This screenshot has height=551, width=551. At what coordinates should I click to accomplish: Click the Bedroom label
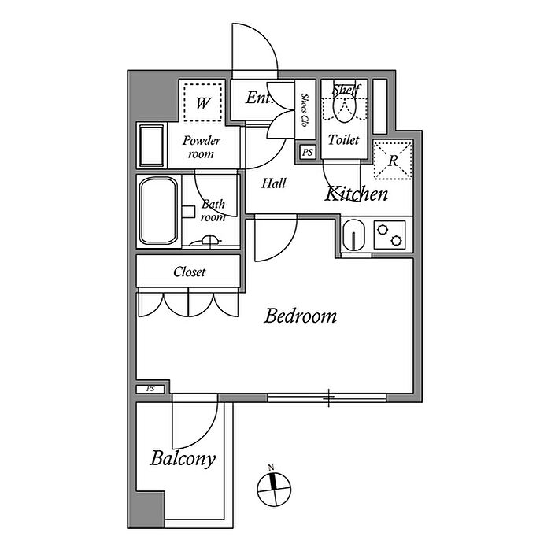coord(301,316)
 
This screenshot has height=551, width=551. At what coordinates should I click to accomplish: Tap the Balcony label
coord(183,459)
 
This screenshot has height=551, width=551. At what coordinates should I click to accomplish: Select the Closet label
coord(190,272)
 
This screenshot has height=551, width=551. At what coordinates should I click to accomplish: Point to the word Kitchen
coord(356,194)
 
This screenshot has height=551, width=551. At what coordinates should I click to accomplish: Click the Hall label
coord(274,183)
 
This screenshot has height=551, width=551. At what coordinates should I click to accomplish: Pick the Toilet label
coord(344,140)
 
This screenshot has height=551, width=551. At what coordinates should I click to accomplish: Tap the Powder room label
coord(201,147)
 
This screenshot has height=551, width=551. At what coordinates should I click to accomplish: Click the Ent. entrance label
coord(259,98)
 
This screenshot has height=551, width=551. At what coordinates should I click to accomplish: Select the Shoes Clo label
coord(305,110)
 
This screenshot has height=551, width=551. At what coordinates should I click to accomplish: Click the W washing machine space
coord(203,102)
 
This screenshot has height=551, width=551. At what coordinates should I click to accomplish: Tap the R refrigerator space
coord(393,161)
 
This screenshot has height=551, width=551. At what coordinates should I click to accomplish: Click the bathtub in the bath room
coord(158,211)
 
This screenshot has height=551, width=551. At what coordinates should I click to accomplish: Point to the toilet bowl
coord(344,107)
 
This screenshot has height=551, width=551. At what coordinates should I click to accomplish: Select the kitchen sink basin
coord(354,235)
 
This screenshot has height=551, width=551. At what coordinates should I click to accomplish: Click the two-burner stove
coord(390,235)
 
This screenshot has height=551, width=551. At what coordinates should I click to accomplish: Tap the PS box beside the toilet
coord(308,153)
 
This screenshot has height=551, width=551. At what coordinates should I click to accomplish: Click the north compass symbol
coord(274,489)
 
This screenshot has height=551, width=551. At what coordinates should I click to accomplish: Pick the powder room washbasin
coord(152,146)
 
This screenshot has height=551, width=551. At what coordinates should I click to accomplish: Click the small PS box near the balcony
coord(150,389)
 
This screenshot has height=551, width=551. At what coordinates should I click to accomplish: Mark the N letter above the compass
coord(271,468)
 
